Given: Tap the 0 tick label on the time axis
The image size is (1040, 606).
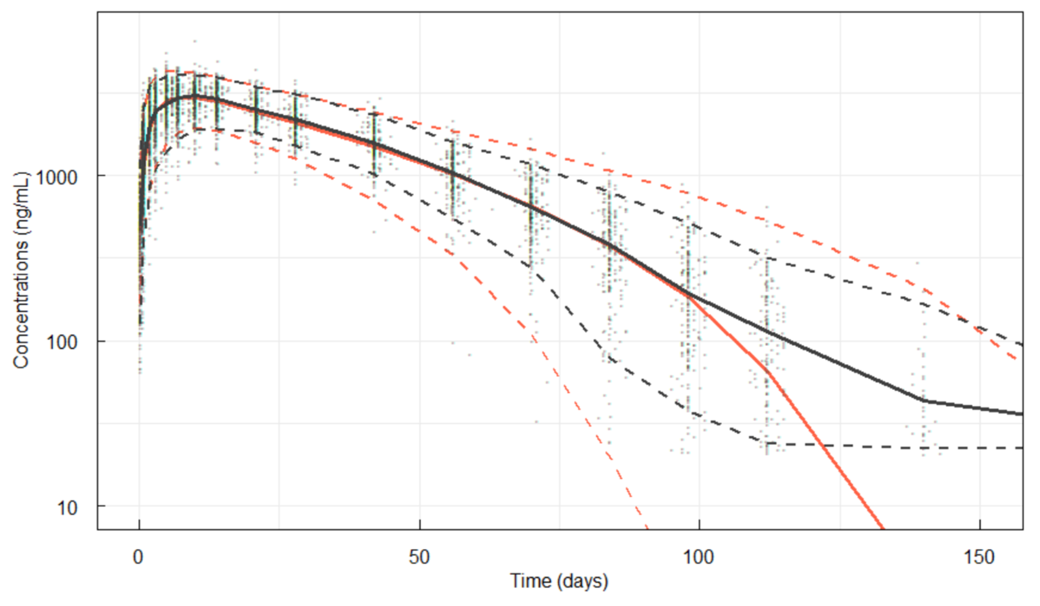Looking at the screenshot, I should pos(138,557).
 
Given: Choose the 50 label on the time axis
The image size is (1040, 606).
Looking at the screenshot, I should pos(419,557).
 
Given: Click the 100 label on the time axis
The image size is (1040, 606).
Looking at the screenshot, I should pos(699,557).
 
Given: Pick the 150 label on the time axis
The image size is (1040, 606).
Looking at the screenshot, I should pos(979,557).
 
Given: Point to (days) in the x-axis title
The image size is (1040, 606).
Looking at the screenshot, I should pos(582,581).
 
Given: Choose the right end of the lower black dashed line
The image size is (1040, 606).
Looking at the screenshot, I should pos(1022,448).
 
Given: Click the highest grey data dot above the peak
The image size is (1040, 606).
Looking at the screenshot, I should pos(195,41).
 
